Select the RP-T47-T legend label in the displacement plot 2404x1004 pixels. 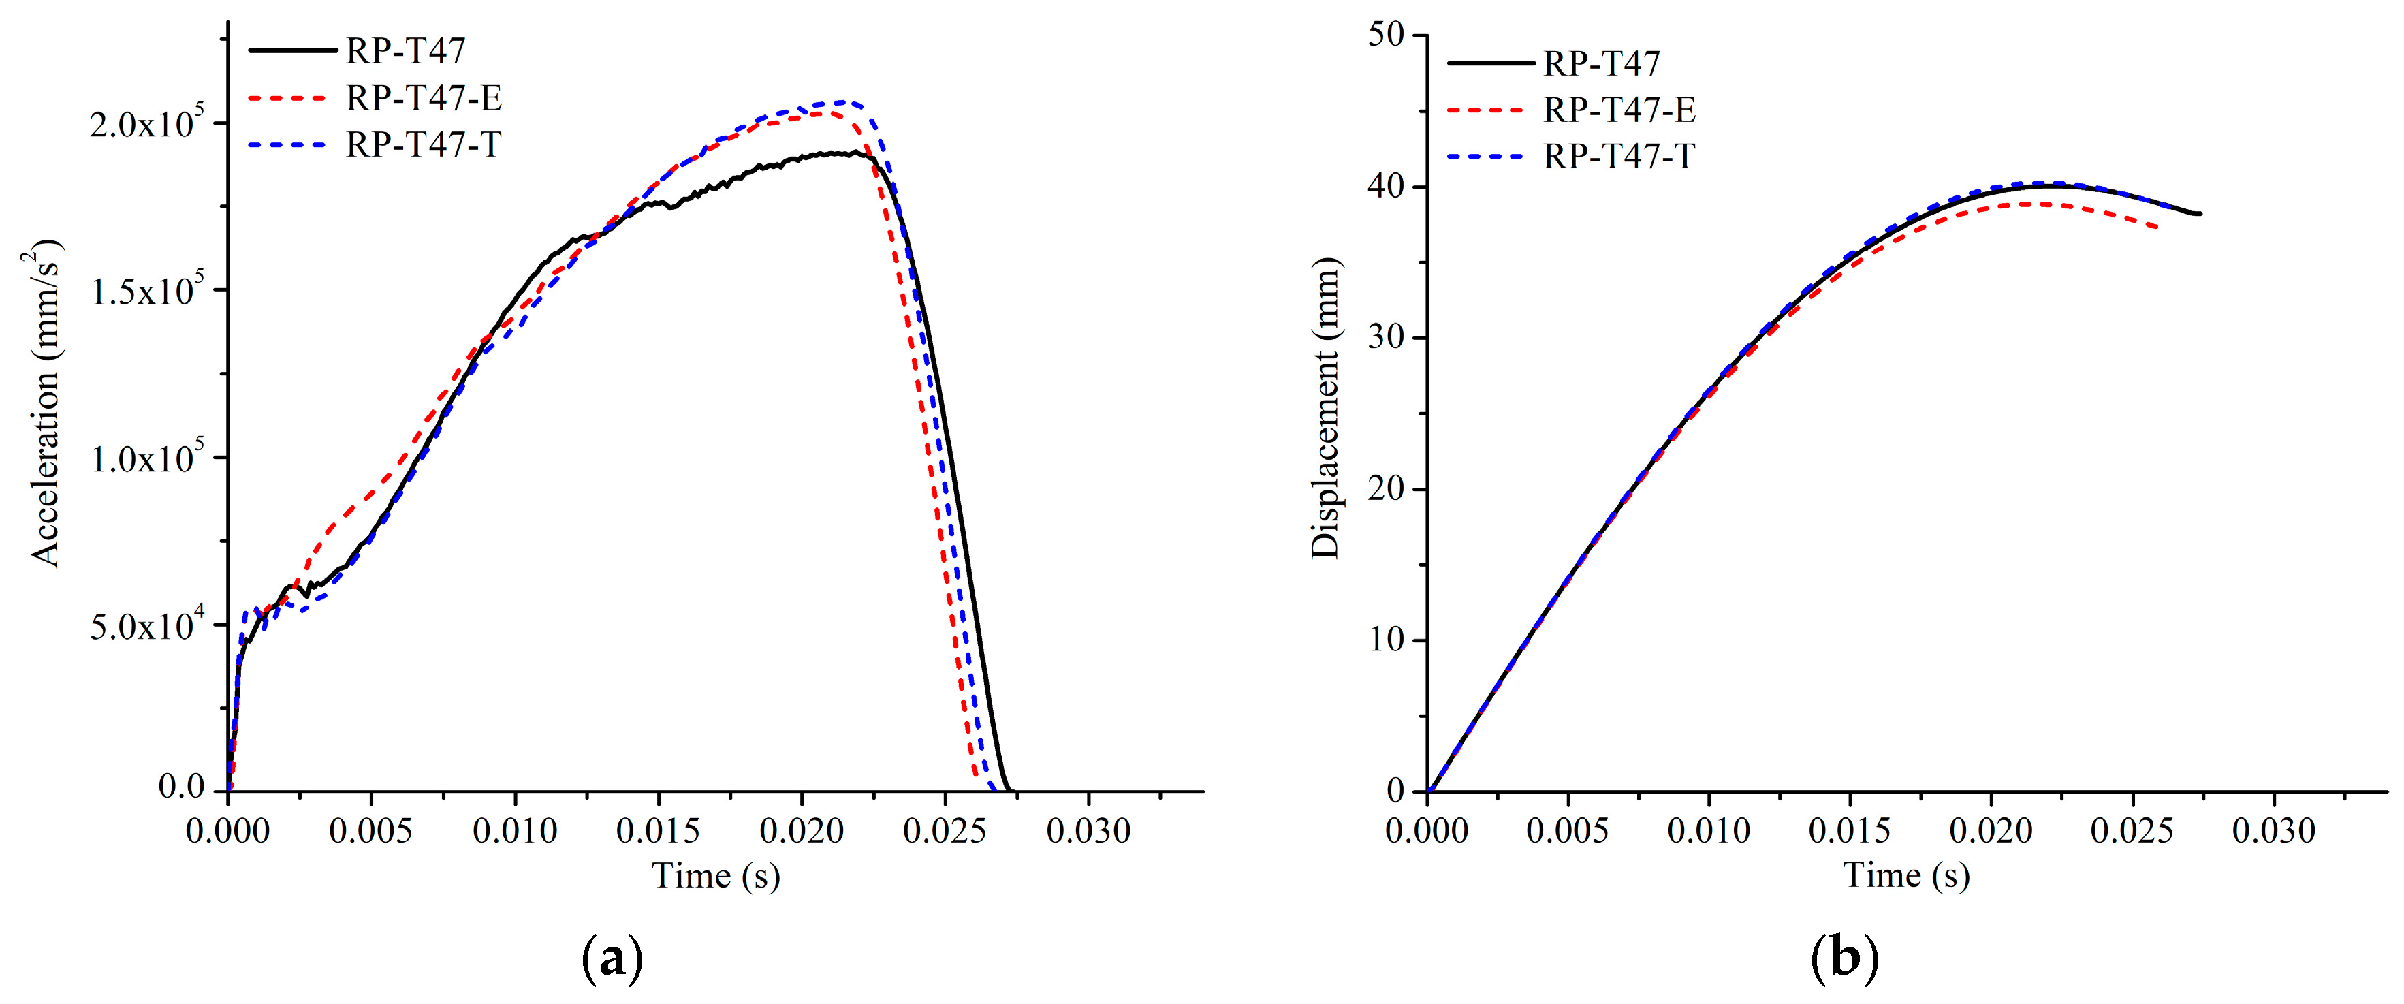(1619, 156)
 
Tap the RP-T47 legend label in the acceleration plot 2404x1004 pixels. (405, 50)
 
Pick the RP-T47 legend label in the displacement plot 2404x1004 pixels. (1602, 63)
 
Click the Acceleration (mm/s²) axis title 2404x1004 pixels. (46, 403)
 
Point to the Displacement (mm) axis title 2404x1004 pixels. (1325, 408)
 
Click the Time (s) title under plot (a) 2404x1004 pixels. (716, 875)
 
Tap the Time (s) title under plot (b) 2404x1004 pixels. (1907, 875)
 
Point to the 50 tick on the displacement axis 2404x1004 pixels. (1386, 35)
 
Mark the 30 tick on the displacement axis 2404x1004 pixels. (1386, 338)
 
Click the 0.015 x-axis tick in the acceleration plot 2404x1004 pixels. (658, 830)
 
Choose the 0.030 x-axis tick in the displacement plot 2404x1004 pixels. (2273, 830)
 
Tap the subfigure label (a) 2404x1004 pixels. (612, 958)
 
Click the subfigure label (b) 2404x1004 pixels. (1844, 958)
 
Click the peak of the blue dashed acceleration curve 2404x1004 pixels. (847, 101)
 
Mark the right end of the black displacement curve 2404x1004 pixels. (2200, 214)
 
